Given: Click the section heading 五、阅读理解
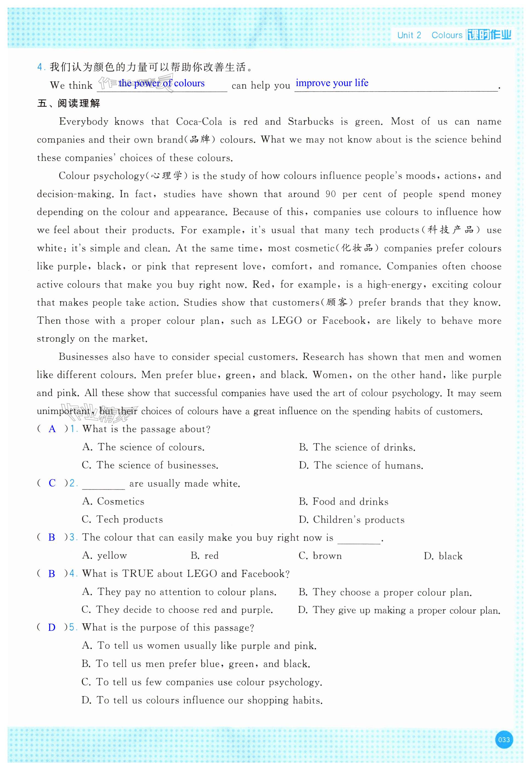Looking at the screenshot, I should [x=68, y=104].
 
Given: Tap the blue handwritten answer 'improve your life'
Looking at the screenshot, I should [x=332, y=83].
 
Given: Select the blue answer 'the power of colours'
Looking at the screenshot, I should [x=161, y=83].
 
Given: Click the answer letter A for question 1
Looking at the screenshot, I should [x=52, y=429].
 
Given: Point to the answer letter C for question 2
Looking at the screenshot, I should [x=52, y=483].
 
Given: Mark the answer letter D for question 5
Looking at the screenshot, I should [x=52, y=628].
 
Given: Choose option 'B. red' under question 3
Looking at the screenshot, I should [x=205, y=556].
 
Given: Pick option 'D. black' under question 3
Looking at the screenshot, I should [x=443, y=556].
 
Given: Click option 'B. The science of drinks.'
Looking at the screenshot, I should [x=357, y=447].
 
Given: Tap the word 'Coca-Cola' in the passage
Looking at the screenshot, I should [x=199, y=122].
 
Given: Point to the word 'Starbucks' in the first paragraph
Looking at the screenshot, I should [x=310, y=122].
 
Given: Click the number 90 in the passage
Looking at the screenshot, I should [x=330, y=194].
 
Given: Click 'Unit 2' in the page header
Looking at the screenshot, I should [x=409, y=35].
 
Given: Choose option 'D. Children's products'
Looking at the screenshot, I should [x=351, y=520].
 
